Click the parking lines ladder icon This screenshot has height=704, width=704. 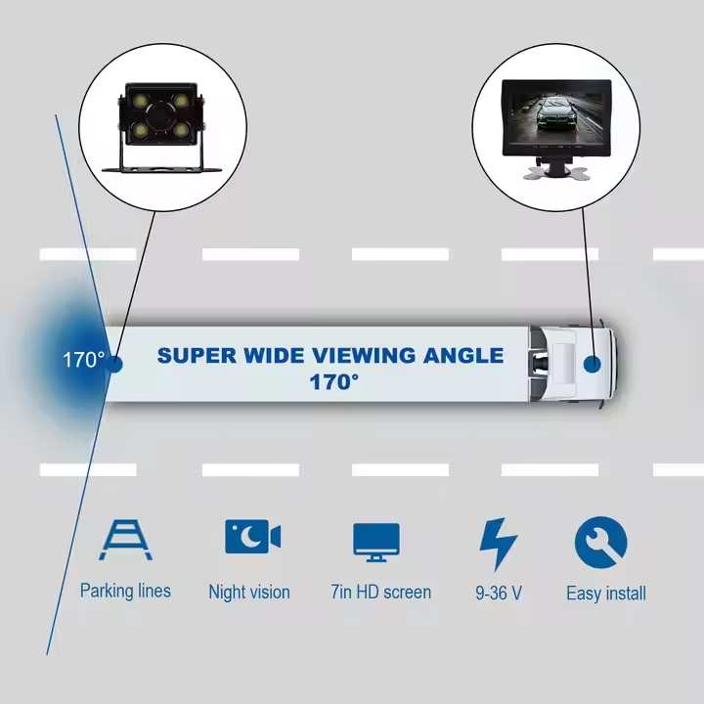pos(126,540)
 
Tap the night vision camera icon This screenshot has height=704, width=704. pos(253,537)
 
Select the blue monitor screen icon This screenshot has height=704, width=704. pos(376,543)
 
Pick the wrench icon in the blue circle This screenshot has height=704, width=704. pos(600,543)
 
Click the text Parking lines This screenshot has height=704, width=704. pos(125,591)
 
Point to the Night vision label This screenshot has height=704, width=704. pos(249,592)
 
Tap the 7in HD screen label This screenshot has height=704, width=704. pos(380,593)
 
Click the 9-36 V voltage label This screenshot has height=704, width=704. pos(499,594)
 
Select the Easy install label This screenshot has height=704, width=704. pos(606,594)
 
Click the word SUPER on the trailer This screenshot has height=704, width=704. pos(197,356)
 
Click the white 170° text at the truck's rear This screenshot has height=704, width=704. pos(84,360)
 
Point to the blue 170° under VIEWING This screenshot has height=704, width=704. pos(334,382)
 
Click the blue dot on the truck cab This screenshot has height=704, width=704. pos(593,364)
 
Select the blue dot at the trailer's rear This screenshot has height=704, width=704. pos(115,364)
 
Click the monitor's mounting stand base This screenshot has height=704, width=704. pos(555,173)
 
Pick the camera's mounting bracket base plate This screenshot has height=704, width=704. pos(161,170)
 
